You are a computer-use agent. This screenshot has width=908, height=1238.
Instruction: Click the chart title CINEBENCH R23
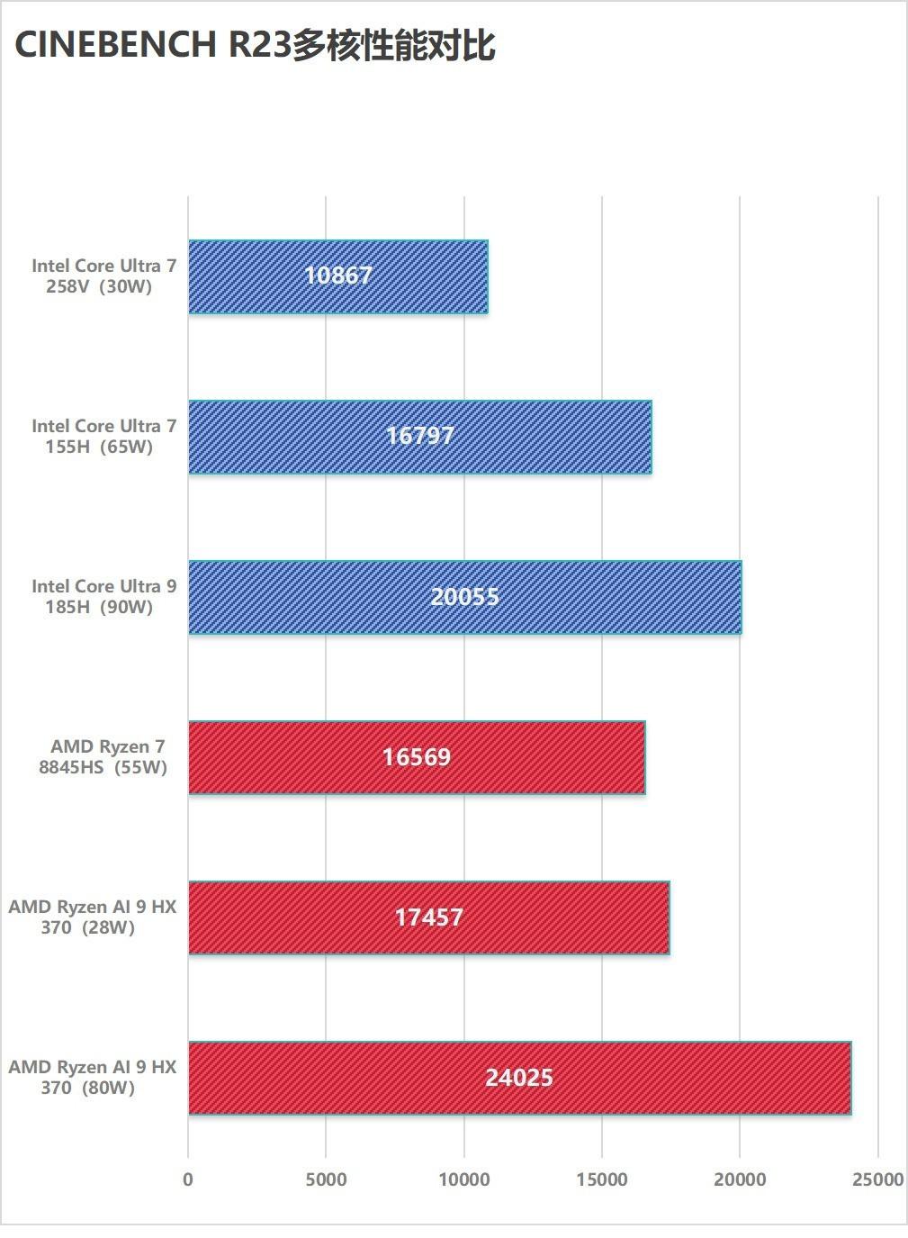pos(255,45)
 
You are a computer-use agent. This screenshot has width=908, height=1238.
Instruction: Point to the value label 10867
pos(338,276)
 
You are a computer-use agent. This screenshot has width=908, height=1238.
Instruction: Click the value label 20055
pos(464,596)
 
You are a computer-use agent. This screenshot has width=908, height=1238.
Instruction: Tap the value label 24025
pos(519,1078)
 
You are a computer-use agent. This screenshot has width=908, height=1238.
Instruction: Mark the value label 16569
pos(416,757)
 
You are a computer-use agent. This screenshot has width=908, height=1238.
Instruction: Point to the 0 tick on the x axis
pos(188,1179)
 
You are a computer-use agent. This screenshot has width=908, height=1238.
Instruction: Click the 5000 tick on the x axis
pos(326,1179)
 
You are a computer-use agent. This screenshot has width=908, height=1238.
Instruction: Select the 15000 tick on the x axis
pos(602,1179)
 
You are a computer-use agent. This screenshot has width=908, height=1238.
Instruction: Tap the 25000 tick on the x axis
pos(877,1179)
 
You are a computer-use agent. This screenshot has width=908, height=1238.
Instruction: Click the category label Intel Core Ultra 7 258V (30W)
pos(103,276)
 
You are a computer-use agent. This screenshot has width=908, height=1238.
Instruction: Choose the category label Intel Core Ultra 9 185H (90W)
pos(103,597)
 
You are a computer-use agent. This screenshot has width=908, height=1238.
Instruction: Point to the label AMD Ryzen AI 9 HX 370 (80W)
pos(92,1078)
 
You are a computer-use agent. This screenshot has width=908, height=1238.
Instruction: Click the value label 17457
pos(429,917)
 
